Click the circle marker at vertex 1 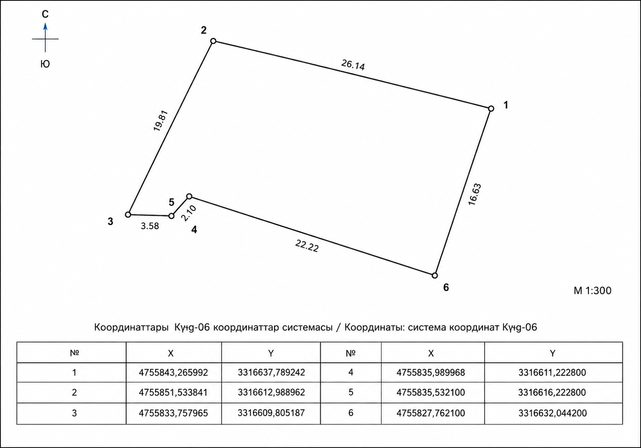(491, 109)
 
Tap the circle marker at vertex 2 (213, 41)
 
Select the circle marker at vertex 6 (435, 276)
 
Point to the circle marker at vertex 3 (128, 215)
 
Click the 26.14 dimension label (353, 65)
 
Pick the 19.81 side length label (161, 121)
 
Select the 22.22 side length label (307, 246)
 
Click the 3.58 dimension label (149, 226)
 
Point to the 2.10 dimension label (189, 213)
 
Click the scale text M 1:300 (592, 291)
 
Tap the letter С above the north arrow (45, 14)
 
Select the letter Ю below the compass (45, 64)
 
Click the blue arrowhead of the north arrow (45, 27)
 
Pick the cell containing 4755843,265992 (174, 372)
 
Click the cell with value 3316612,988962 (271, 392)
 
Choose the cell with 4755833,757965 (174, 413)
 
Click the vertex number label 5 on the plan (171, 202)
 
